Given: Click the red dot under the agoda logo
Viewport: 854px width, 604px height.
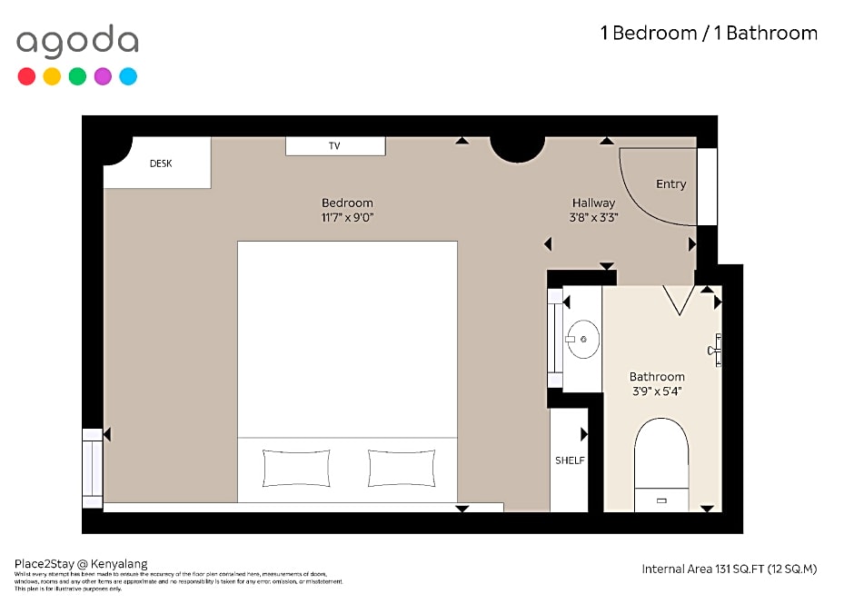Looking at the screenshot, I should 26,76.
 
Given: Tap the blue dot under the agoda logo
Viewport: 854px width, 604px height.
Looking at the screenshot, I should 128,76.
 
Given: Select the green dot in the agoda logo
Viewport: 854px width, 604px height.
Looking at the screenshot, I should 77,76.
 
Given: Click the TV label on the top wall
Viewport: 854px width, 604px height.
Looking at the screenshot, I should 334,146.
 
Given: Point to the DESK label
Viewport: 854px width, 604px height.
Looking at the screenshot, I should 161,163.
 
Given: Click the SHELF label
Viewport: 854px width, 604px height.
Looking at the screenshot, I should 570,460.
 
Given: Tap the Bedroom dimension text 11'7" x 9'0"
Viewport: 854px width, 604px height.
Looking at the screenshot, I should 347,218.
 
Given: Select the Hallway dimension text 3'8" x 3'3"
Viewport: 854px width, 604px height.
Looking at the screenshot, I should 593,218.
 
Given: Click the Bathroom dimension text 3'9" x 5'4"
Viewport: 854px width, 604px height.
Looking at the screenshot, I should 656,391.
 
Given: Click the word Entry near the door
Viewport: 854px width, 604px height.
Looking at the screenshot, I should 670,184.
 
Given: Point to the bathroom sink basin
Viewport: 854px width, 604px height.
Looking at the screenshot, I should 581,339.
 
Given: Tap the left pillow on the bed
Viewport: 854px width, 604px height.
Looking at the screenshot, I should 296,468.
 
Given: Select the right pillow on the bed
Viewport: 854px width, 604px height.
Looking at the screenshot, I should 401,468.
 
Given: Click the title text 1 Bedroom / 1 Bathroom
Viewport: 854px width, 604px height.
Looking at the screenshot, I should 708,34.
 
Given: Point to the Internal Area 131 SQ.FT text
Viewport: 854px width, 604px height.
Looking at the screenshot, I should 729,569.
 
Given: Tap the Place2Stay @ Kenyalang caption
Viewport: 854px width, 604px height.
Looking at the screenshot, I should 81,564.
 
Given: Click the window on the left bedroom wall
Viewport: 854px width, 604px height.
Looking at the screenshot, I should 93,468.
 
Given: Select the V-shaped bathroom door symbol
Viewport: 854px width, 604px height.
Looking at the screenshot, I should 679,299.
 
